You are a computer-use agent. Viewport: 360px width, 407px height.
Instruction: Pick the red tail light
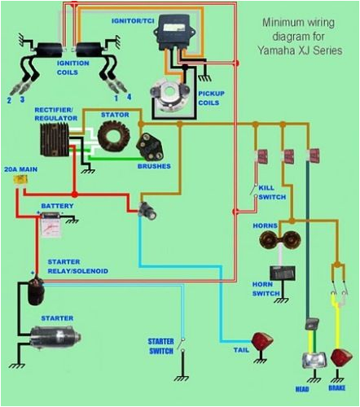click(261, 343)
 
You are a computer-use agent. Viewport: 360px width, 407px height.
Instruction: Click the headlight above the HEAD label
click(311, 359)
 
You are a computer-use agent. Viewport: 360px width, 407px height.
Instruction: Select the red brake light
click(341, 358)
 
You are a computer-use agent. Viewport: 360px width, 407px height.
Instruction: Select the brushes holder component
click(150, 147)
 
